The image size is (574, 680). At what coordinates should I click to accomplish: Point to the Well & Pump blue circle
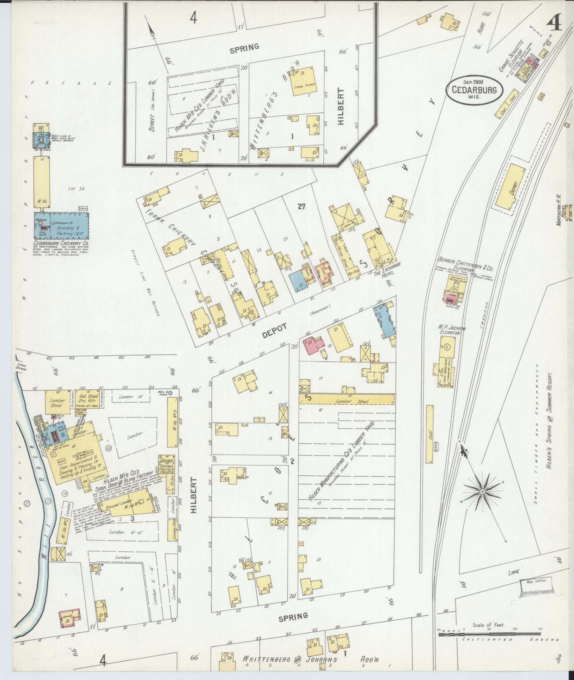pyautogui.click(x=170, y=393)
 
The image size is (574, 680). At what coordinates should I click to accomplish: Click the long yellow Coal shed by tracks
pyautogui.click(x=429, y=434)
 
